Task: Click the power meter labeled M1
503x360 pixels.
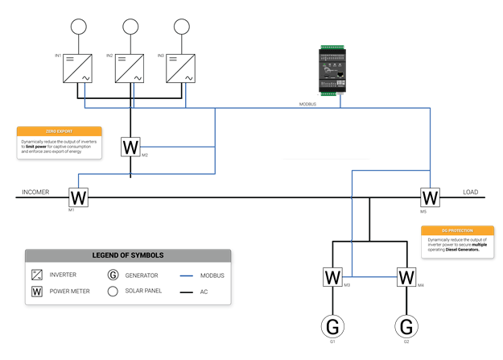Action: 78,197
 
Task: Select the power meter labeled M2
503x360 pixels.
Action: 130,147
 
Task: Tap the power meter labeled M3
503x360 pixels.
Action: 332,277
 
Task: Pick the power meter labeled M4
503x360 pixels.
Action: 406,277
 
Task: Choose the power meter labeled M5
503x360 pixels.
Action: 431,197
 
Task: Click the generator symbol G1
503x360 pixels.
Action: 332,326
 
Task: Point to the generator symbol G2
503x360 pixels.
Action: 406,326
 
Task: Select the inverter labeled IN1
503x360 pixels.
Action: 78,69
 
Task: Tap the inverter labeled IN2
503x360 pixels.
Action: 130,69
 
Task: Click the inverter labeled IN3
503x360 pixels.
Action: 182,69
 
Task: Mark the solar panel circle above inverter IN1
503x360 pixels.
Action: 78,26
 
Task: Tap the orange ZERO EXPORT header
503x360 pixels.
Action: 60,130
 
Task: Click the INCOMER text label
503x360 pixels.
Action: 35,192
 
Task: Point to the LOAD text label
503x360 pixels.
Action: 471,192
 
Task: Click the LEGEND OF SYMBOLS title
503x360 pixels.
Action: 128,255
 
